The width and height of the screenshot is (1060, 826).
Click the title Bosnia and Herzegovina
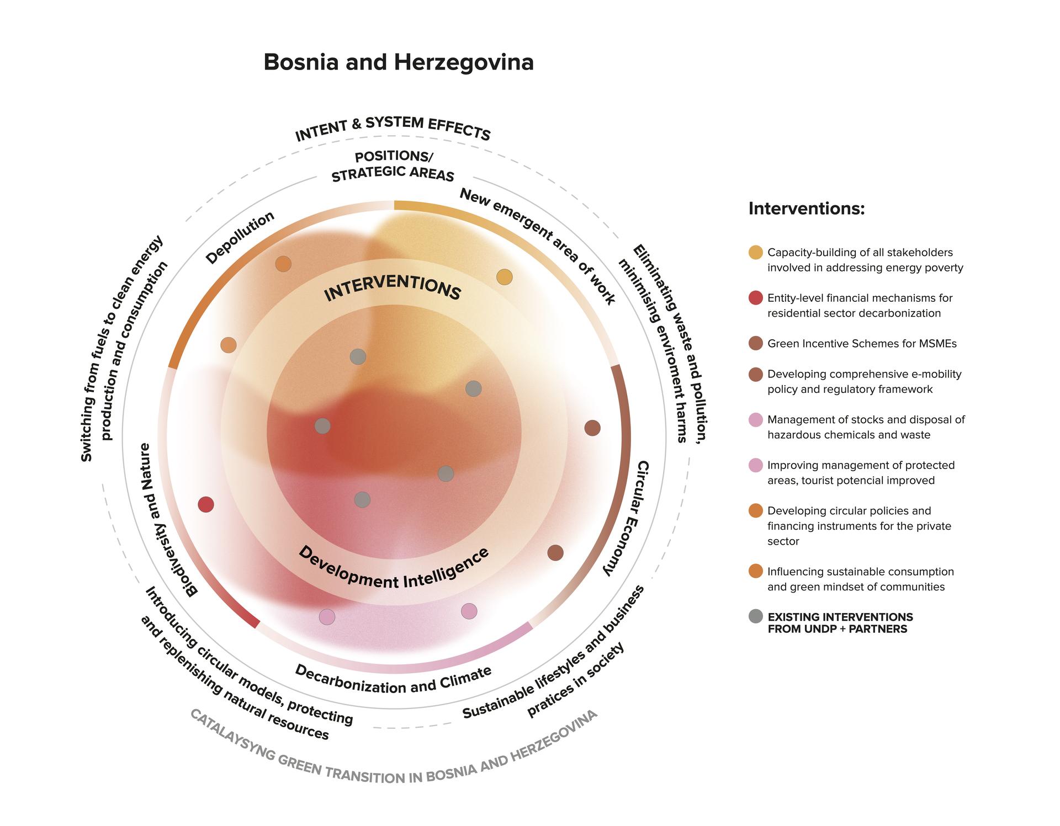[399, 62]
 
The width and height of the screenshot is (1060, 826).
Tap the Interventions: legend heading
[806, 209]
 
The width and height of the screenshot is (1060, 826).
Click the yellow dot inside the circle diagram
[504, 277]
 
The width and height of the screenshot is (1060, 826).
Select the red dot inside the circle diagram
[206, 504]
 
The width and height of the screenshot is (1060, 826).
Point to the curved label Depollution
[240, 237]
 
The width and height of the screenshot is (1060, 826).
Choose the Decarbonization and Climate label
[393, 680]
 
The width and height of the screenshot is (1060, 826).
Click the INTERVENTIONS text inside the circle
[393, 288]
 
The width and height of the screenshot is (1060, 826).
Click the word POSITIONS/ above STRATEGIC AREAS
[394, 156]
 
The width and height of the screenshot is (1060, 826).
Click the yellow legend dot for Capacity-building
[756, 252]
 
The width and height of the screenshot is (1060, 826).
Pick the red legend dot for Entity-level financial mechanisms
[756, 298]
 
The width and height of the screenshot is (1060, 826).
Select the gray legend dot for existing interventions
[756, 616]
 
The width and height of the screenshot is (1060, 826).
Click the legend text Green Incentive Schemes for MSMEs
[862, 344]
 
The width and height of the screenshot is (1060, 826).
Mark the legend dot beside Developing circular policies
[756, 511]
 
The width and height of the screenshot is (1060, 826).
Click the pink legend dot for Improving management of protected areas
[756, 465]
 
